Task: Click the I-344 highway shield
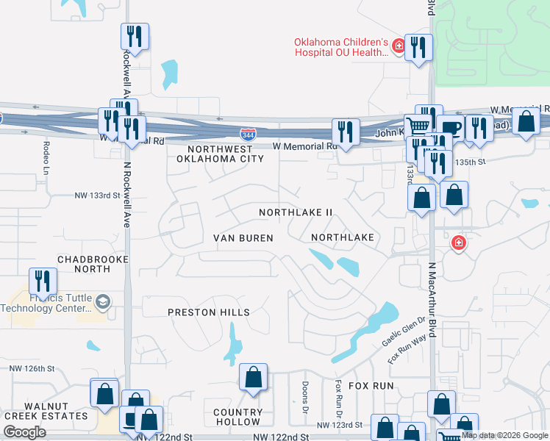248,135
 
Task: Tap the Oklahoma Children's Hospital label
340,47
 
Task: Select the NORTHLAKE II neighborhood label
296,212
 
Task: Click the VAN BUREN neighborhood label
243,238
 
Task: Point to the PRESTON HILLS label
209,312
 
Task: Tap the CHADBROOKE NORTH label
83,264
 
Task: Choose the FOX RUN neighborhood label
371,385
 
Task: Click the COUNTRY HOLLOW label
238,417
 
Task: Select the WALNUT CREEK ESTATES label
56,411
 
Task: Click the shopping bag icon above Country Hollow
253,377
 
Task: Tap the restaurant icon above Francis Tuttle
43,280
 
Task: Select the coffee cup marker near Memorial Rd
450,127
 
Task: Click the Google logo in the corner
25,432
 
